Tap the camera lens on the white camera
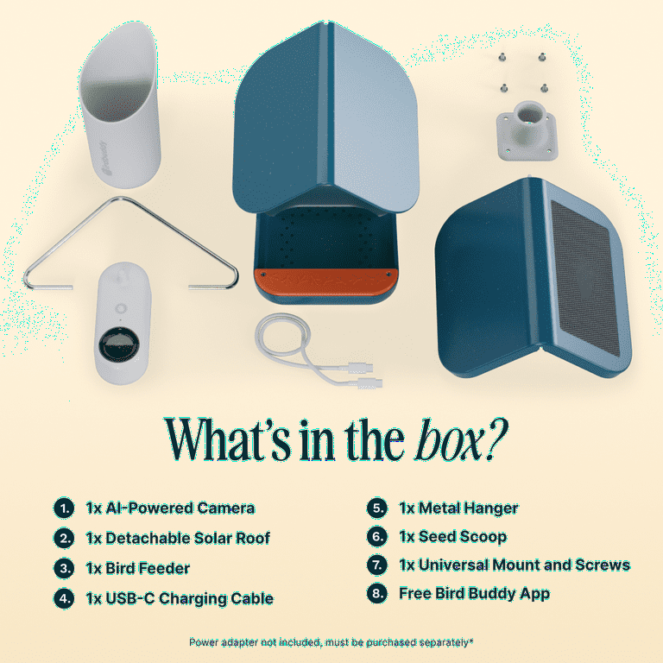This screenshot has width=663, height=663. tap(117, 344)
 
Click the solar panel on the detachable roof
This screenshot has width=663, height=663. tap(585, 276)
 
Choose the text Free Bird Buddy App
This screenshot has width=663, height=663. tap(474, 594)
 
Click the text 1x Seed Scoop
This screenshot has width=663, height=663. tap(452, 537)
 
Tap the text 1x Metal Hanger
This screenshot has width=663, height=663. tap(458, 508)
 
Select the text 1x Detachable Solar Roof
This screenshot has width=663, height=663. tap(178, 539)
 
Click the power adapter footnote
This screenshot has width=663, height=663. tap(331, 642)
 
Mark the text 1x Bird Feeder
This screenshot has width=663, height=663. tap(138, 568)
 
